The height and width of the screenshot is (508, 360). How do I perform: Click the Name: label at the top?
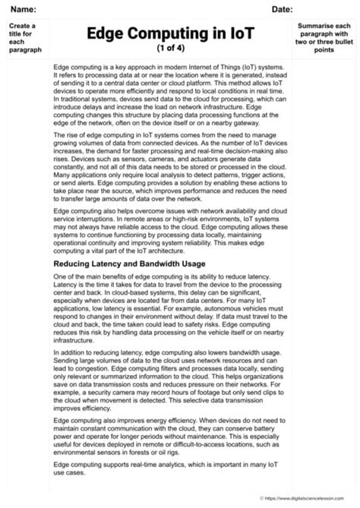(x=23, y=9)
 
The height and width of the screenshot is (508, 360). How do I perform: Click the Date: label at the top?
(x=282, y=9)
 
